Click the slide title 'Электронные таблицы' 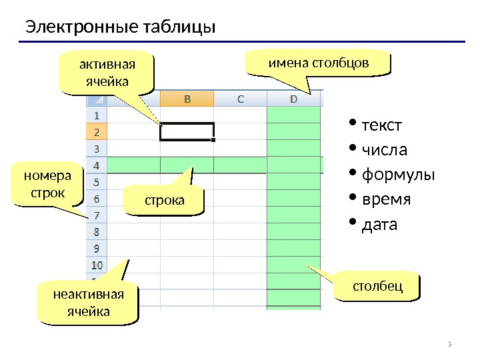[x=121, y=28]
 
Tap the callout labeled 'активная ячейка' [x=106, y=74]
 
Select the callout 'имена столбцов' [x=317, y=63]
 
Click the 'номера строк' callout [x=46, y=185]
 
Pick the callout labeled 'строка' [x=164, y=200]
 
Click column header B [x=187, y=99]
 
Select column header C [x=240, y=99]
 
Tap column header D [x=294, y=99]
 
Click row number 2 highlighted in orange [x=96, y=132]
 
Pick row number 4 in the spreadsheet [x=96, y=165]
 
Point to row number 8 [x=96, y=232]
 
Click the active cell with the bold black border [x=187, y=132]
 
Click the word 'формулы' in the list [x=397, y=175]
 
